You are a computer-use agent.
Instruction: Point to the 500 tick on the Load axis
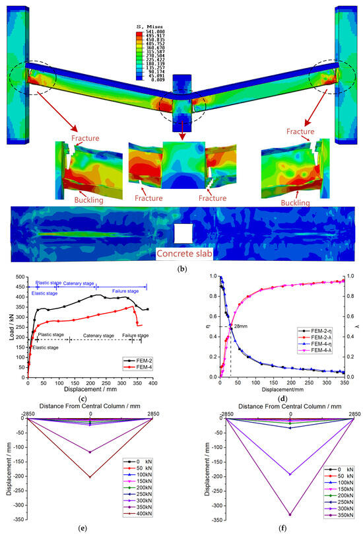[19, 277]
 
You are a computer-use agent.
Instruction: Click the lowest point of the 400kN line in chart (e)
[90, 477]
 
